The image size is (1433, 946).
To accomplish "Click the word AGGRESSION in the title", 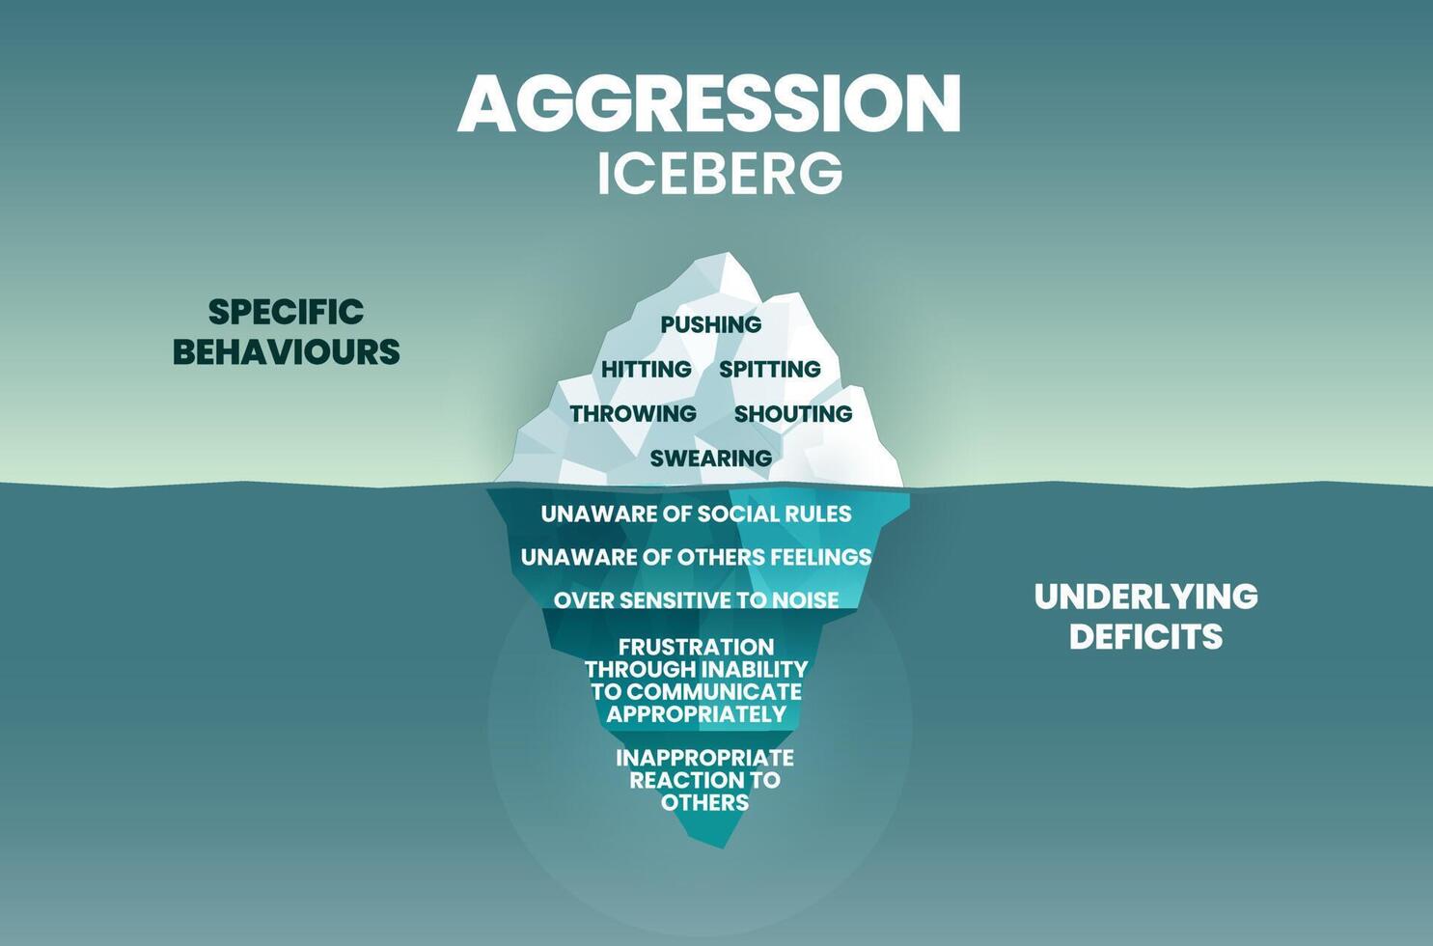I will [x=709, y=103].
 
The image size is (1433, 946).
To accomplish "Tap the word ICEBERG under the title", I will [x=720, y=174].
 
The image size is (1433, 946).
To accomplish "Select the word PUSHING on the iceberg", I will [x=711, y=324].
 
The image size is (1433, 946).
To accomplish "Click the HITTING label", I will [x=646, y=369].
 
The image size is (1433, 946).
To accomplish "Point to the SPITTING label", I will [x=770, y=369].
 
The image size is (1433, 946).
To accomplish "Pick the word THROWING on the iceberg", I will [x=633, y=413].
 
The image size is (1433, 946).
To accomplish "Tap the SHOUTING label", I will [x=793, y=413].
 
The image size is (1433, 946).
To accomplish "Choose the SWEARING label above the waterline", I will [x=711, y=458].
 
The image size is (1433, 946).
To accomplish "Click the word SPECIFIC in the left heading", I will [x=287, y=312].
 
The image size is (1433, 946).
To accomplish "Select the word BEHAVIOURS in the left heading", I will [x=287, y=352].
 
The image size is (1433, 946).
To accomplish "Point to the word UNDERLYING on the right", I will [x=1146, y=597].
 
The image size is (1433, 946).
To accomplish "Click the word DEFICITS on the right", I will [x=1146, y=637].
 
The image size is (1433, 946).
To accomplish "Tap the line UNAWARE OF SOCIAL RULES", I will [x=696, y=514].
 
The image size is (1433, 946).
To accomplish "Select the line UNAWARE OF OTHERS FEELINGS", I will [x=696, y=557].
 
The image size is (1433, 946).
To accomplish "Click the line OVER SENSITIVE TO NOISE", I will [x=696, y=600].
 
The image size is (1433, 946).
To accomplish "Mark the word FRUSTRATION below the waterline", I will [x=696, y=647].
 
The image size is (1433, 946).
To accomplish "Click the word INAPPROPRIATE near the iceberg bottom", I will [x=704, y=758].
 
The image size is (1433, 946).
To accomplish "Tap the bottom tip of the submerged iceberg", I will [x=724, y=846].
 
